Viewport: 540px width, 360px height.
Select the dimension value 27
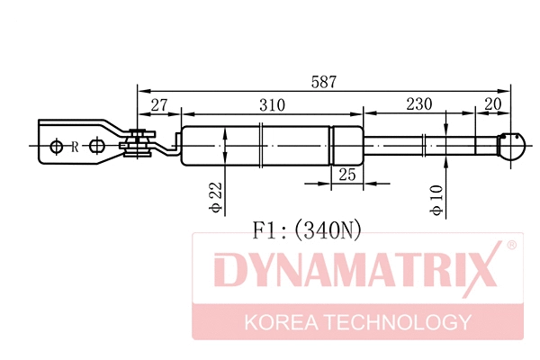[x=159, y=105]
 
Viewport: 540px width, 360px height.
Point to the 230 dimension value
[x=418, y=105]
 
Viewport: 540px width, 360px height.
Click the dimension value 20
[x=491, y=105]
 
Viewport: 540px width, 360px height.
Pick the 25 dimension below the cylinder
[x=346, y=174]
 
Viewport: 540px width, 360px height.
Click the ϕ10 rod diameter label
[x=436, y=200]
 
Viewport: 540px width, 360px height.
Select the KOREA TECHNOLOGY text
[x=357, y=322]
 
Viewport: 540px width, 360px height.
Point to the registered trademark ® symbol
[x=510, y=245]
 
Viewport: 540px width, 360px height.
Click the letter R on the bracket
[x=75, y=146]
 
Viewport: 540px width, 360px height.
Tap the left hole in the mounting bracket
[x=58, y=146]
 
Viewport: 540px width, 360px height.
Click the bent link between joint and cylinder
[x=166, y=146]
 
